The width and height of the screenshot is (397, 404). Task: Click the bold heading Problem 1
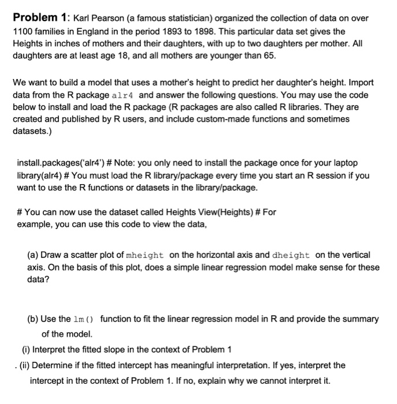tap(40, 18)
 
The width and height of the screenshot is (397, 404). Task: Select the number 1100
tap(23, 31)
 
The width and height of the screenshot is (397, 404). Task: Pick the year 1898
tap(212, 31)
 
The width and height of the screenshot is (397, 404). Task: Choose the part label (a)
tap(34, 255)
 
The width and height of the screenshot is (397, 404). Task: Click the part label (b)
tap(34, 319)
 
